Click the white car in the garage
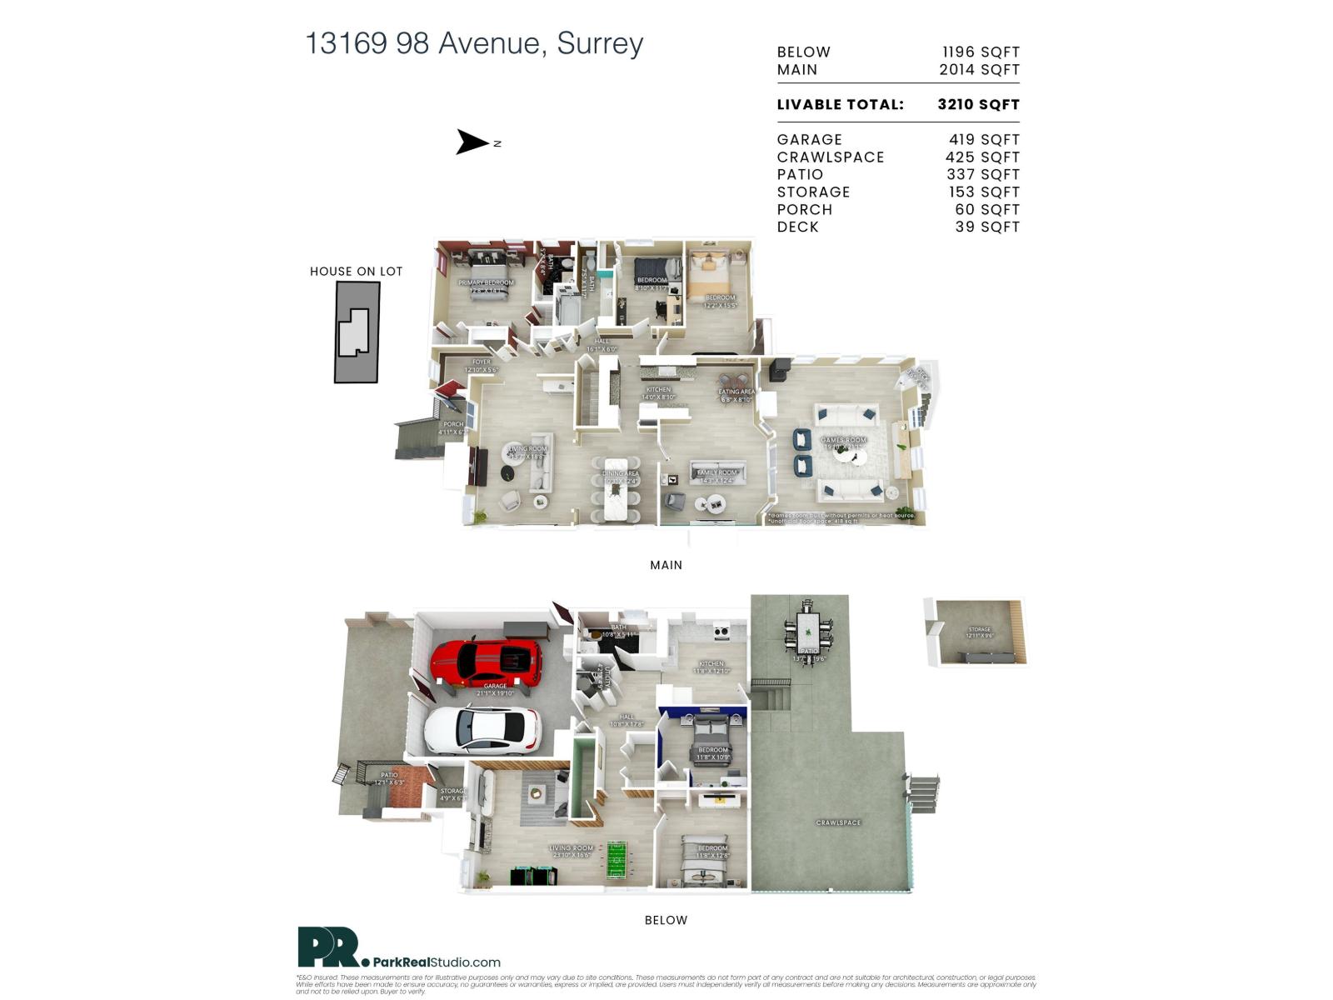pyautogui.click(x=482, y=730)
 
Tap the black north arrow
pyautogui.click(x=472, y=142)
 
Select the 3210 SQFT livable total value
pyautogui.click(x=978, y=105)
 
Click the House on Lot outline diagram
pyautogui.click(x=357, y=331)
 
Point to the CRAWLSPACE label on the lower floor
pyautogui.click(x=838, y=822)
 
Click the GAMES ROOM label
pyautogui.click(x=843, y=440)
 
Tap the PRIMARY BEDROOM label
pyautogui.click(x=486, y=283)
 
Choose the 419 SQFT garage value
pyautogui.click(x=984, y=140)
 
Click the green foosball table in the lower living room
pyautogui.click(x=617, y=860)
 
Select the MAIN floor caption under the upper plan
pyautogui.click(x=666, y=565)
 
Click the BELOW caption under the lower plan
pyautogui.click(x=666, y=920)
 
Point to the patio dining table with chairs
pyautogui.click(x=808, y=629)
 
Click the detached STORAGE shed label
pyautogui.click(x=980, y=630)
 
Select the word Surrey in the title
pyautogui.click(x=600, y=43)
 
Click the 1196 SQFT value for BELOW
pyautogui.click(x=981, y=52)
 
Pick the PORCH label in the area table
pyautogui.click(x=804, y=210)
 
